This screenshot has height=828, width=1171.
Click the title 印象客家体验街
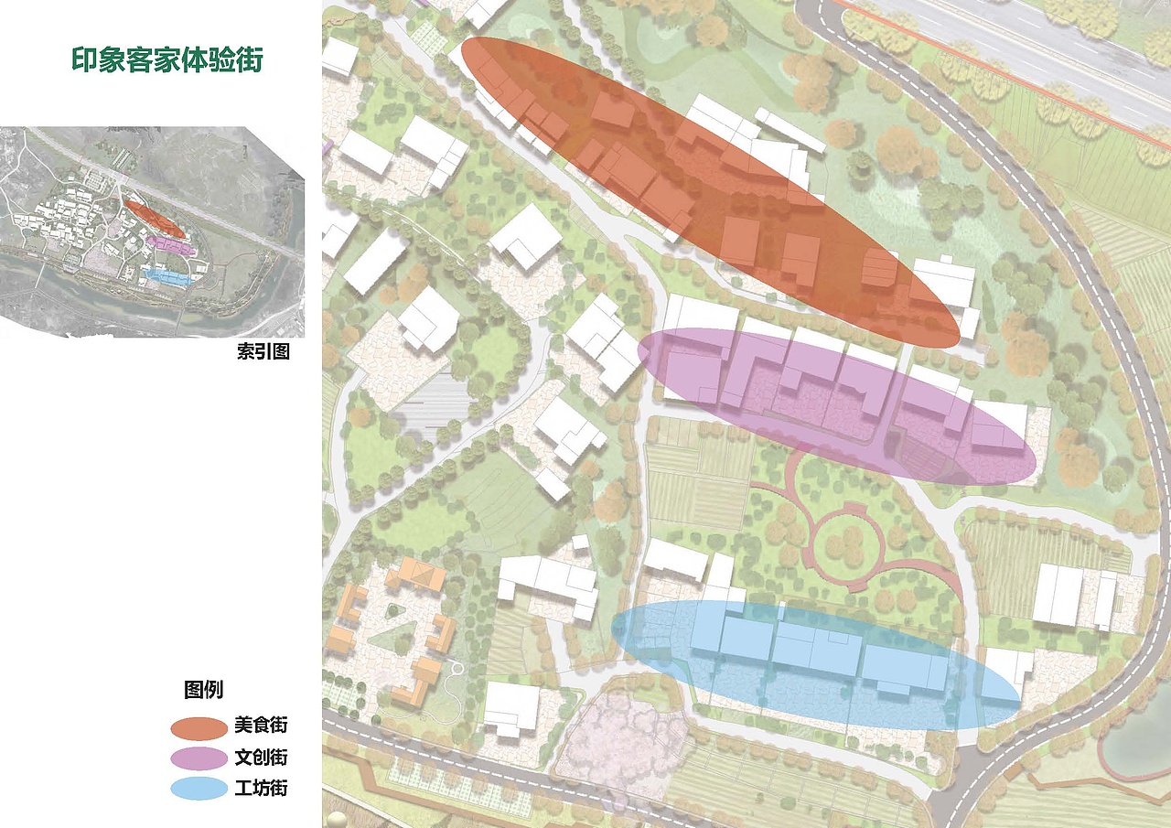pyautogui.click(x=167, y=60)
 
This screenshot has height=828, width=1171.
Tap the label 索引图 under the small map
pyautogui.click(x=263, y=352)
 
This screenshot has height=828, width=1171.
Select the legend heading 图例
pyautogui.click(x=203, y=689)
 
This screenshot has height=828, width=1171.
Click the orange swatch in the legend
pyautogui.click(x=198, y=727)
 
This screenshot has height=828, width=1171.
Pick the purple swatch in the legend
pyautogui.click(x=198, y=758)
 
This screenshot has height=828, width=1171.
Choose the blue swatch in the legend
pyautogui.click(x=198, y=789)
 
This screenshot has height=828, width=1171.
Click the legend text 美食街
pyautogui.click(x=261, y=726)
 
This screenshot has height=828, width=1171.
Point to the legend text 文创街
pyautogui.click(x=261, y=758)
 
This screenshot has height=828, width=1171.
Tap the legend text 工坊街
pyautogui.click(x=261, y=789)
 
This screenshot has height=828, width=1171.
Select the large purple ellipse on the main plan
pyautogui.click(x=836, y=405)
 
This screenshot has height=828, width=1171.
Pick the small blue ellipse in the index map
pyautogui.click(x=168, y=275)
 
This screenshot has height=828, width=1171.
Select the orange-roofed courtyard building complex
pyautogui.click(x=393, y=631)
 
